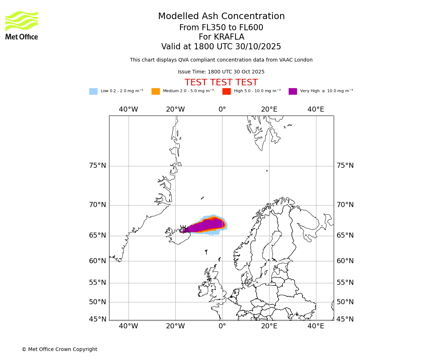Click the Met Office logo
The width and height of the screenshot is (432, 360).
(22, 25)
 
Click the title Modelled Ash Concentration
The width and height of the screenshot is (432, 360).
(221, 17)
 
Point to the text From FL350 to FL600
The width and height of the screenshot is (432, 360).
(221, 28)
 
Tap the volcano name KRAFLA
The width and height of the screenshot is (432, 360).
(229, 37)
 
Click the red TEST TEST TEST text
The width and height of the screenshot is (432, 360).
(221, 83)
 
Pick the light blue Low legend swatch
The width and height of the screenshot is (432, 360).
(93, 91)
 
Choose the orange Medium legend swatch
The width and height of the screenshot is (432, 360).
(156, 91)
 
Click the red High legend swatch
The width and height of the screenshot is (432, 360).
(226, 91)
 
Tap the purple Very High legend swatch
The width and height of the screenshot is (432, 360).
(293, 91)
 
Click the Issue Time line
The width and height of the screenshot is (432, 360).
(221, 72)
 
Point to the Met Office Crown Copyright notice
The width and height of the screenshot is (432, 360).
(59, 350)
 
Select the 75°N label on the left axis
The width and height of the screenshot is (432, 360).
(98, 166)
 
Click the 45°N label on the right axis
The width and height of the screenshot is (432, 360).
(345, 319)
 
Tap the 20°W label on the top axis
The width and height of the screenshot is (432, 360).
(175, 109)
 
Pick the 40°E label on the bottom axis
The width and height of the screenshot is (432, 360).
(316, 326)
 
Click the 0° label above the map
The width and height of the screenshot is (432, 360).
(222, 109)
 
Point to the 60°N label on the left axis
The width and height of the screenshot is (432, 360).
(98, 261)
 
